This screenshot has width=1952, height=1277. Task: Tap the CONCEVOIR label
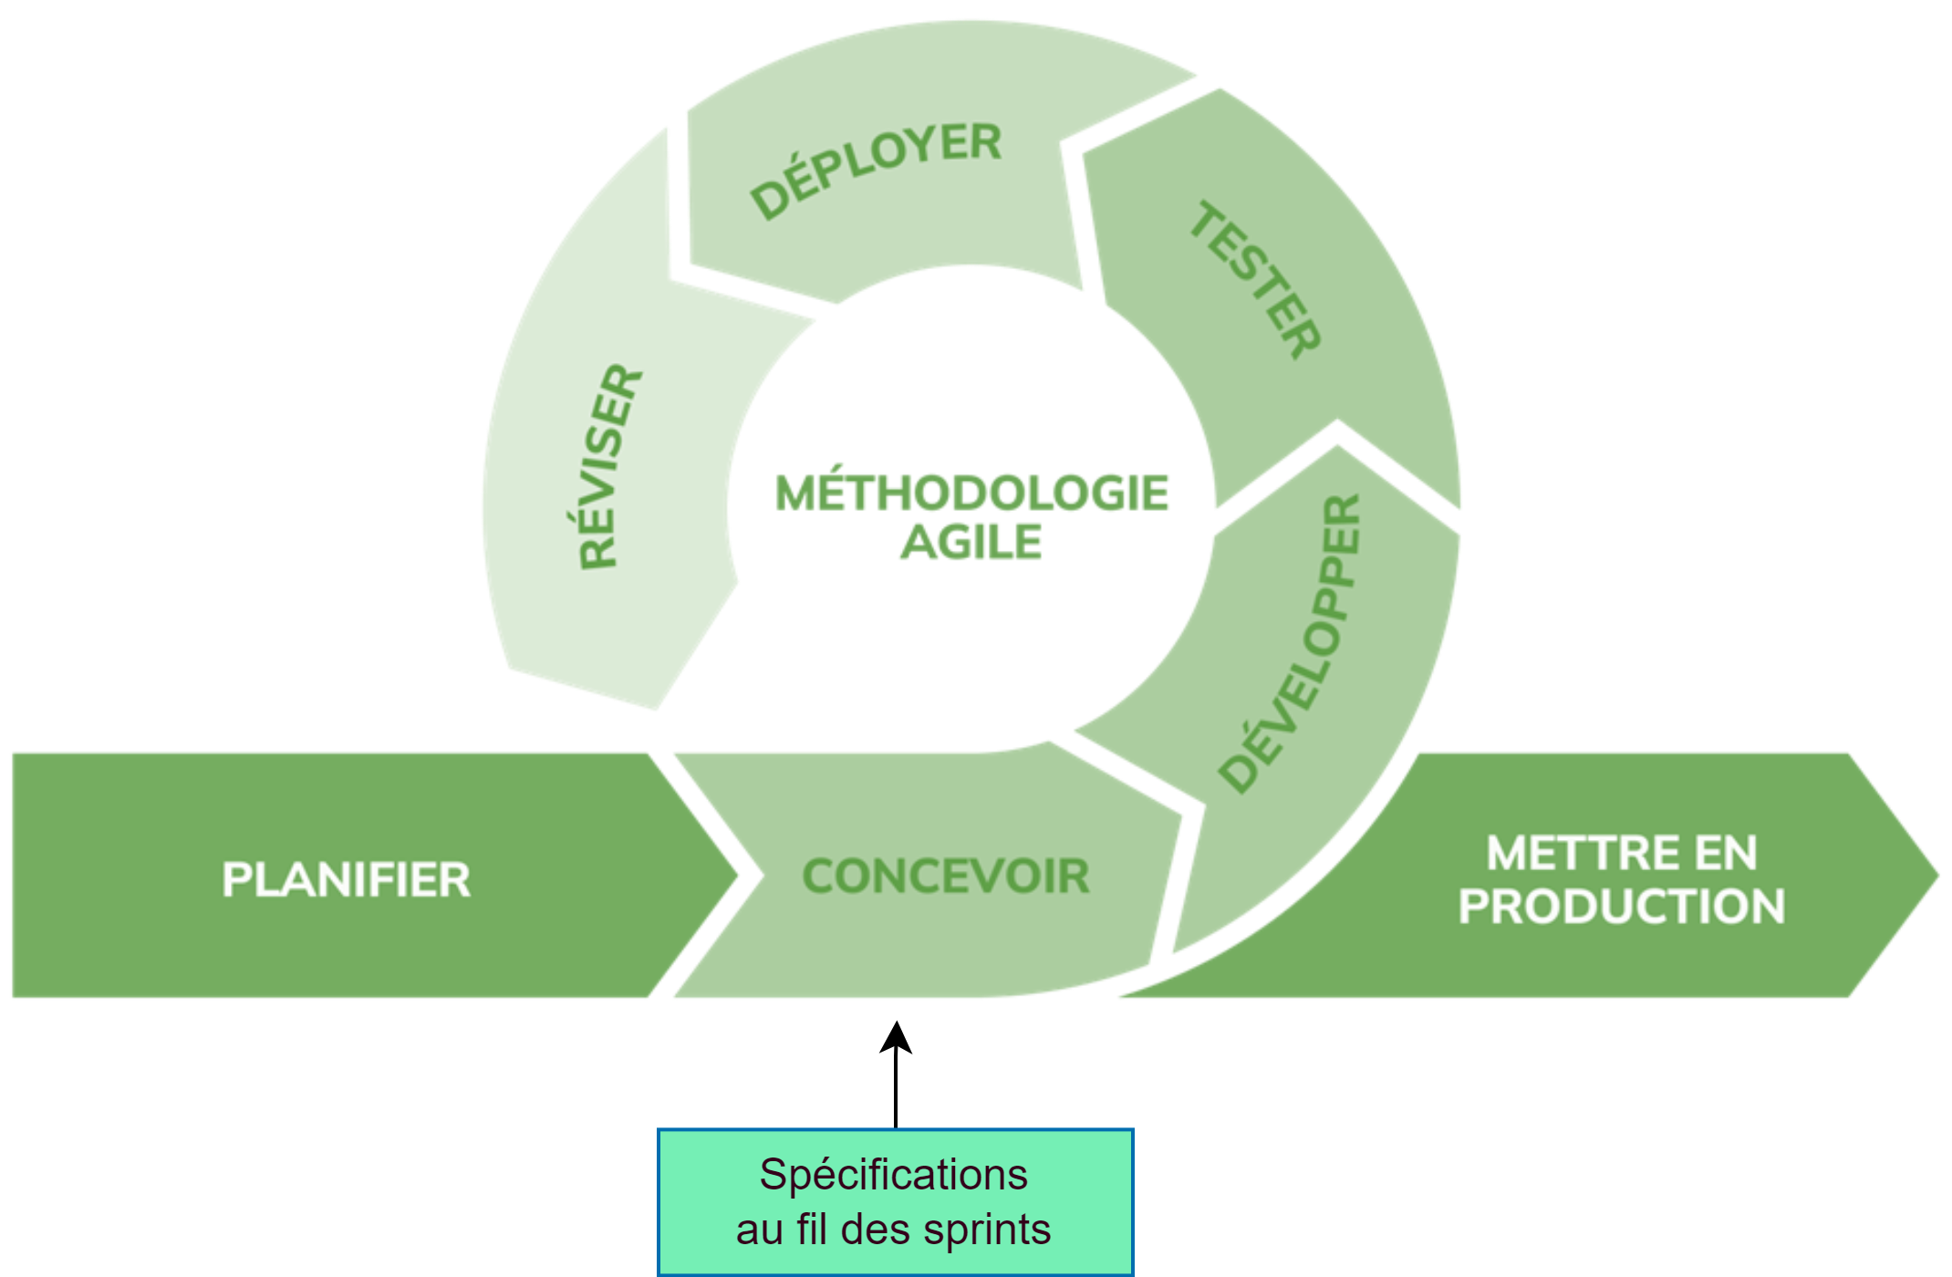pyautogui.click(x=946, y=877)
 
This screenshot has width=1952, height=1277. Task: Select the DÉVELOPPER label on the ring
pyautogui.click(x=1292, y=644)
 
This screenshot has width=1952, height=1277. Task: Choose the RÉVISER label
pyautogui.click(x=609, y=466)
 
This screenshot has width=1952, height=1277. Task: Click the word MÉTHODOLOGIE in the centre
pyautogui.click(x=972, y=493)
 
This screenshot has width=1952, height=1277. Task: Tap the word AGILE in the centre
pyautogui.click(x=971, y=543)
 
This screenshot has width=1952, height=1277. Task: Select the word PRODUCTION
pyautogui.click(x=1621, y=907)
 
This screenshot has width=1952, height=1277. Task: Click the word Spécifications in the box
pyautogui.click(x=893, y=1175)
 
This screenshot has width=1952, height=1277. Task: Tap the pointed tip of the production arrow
pyautogui.click(x=1937, y=876)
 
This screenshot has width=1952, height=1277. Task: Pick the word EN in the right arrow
pyautogui.click(x=1725, y=854)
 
